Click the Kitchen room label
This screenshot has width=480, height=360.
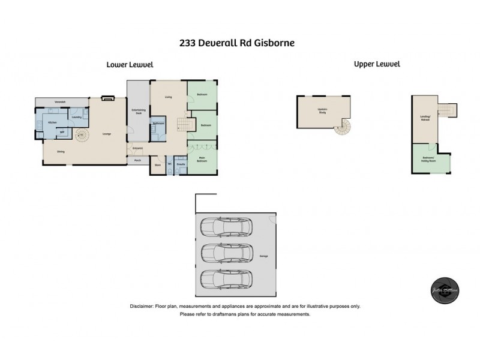pos(52,122)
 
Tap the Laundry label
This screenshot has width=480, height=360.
pos(76,117)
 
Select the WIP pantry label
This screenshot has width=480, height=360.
pos(62,132)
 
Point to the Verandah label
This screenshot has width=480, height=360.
pos(60,101)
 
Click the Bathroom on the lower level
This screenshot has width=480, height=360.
pos(158,124)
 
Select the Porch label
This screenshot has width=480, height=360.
pos(137,160)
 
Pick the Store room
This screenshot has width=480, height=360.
pos(158,164)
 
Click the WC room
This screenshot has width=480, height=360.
pos(170,164)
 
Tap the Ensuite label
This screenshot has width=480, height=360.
pos(181,164)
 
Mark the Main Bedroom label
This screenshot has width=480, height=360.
pos(203,159)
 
